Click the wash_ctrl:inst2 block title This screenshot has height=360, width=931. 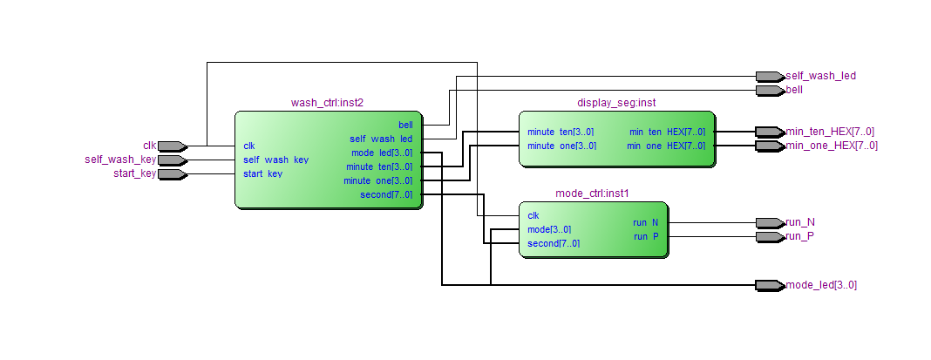pos(327,103)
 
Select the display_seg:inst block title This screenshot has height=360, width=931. pos(616,103)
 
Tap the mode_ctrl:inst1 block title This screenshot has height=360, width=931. pos(592,194)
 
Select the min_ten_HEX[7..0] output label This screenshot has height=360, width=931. pos(830,132)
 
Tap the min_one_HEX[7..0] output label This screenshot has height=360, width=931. pos(832,146)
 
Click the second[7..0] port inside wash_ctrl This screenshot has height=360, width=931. pos(386,194)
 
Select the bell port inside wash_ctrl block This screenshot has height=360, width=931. pos(405,125)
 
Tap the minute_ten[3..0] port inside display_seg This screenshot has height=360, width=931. pos(561,132)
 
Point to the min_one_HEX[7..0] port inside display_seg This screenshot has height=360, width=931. pos(665,146)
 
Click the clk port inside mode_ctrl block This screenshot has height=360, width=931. pos(533,215)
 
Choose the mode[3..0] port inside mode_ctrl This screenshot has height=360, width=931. pos(549,229)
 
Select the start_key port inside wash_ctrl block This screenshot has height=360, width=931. pos(262,173)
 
